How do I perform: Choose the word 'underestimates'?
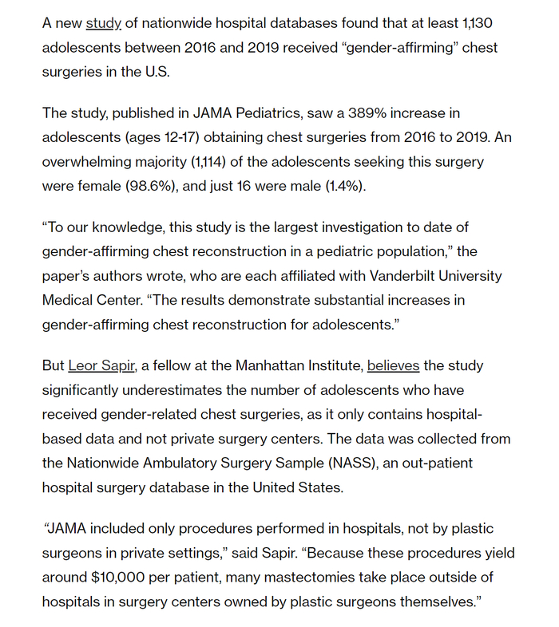[x=172, y=390]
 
